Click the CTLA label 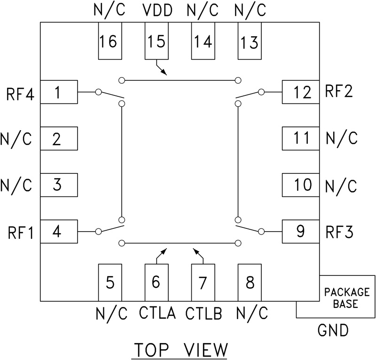pos(157,313)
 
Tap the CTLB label pos(204,313)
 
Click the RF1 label pos(20,233)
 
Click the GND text pos(333,330)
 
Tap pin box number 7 pos(203,282)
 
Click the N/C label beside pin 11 pos(342,138)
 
